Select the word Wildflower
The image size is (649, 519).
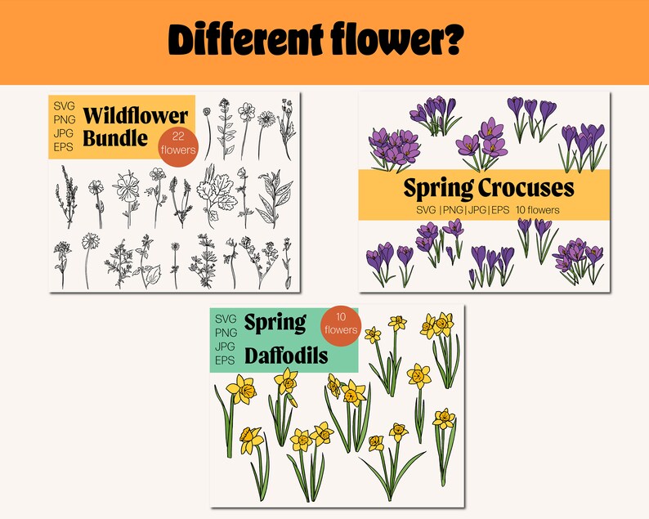126,114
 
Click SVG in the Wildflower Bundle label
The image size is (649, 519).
63,106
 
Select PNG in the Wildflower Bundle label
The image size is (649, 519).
64,120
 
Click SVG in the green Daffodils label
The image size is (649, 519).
225,318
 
